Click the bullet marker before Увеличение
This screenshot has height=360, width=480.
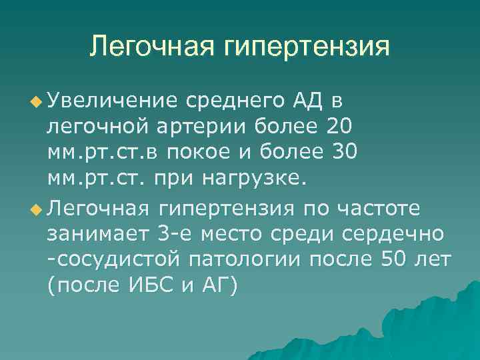(x=35, y=102)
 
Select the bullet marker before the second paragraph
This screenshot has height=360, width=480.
(x=35, y=209)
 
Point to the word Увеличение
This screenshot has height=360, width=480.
(x=111, y=101)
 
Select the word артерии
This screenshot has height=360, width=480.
(x=223, y=126)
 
